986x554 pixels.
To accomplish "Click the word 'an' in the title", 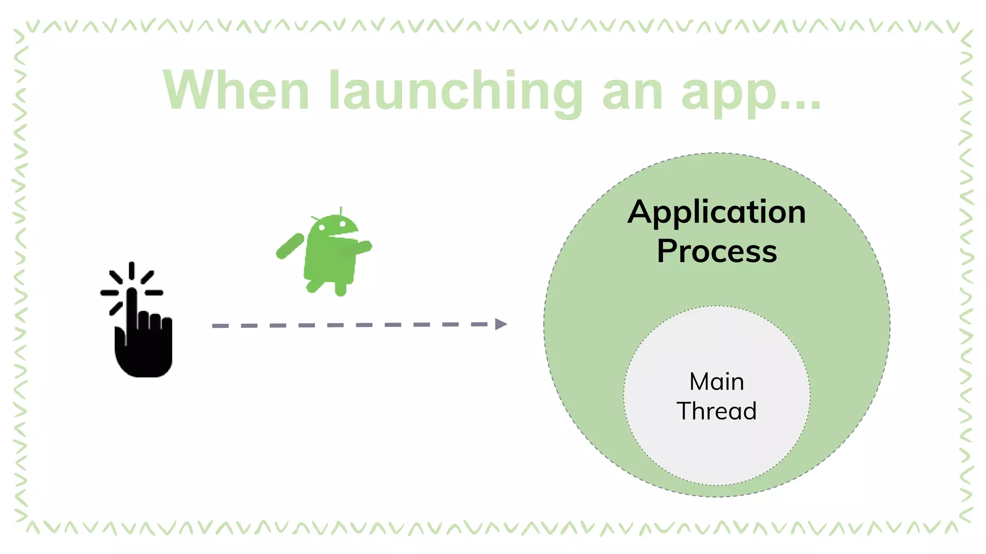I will [x=633, y=92].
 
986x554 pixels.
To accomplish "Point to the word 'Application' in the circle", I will [x=716, y=212].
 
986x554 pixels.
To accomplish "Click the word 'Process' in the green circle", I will [x=716, y=251].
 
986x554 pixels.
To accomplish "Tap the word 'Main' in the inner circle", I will [x=716, y=382].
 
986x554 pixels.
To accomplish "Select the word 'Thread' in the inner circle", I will [x=716, y=411].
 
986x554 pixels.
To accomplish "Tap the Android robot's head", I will [x=334, y=225].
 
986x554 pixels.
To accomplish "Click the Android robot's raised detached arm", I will [x=290, y=246].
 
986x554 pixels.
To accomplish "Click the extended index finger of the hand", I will [x=131, y=308].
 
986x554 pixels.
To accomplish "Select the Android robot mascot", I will [x=327, y=252].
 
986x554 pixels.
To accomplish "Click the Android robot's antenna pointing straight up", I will [x=341, y=211].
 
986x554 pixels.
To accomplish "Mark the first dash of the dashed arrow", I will [x=221, y=326].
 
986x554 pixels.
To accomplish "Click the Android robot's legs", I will [x=327, y=286].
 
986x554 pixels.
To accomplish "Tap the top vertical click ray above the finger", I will [x=131, y=270].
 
